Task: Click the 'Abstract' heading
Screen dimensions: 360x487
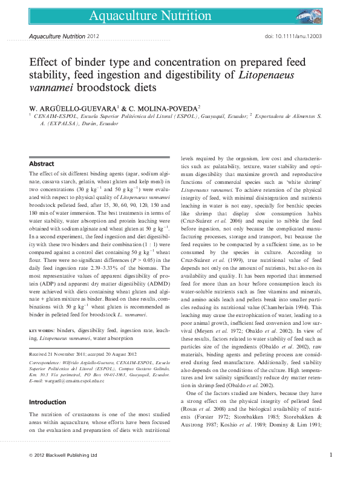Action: [x=42, y=164]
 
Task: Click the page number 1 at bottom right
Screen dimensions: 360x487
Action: [x=331, y=471]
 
